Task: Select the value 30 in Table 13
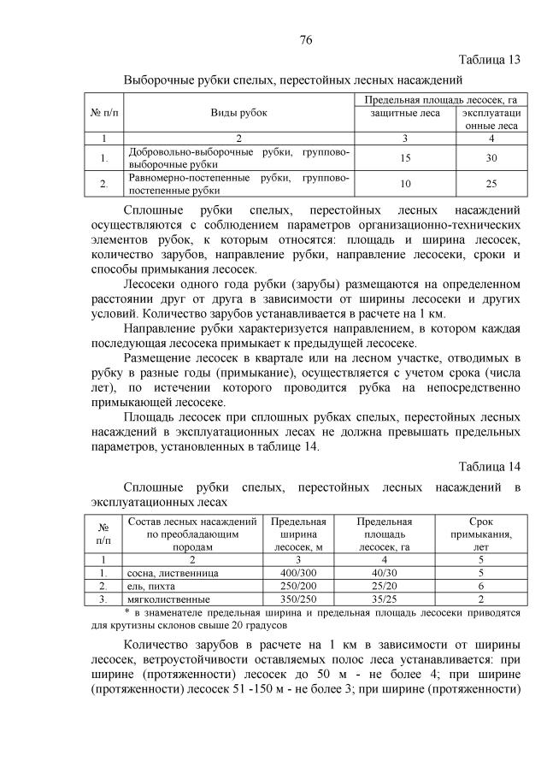click(x=491, y=158)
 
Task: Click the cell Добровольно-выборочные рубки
click(x=238, y=158)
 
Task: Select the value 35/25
click(x=384, y=599)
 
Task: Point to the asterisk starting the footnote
click(x=126, y=613)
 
